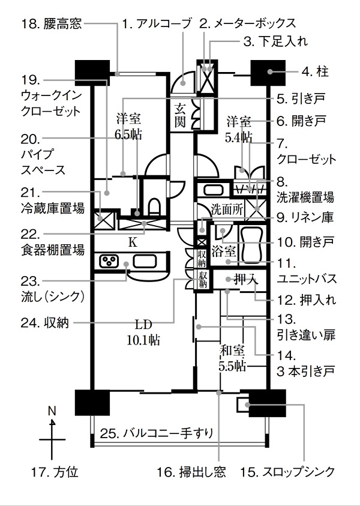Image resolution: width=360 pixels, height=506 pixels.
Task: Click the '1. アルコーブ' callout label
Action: pos(157,24)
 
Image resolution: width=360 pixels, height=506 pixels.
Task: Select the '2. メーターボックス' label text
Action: pos(247,24)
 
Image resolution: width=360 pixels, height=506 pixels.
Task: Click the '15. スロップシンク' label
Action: pos(287,472)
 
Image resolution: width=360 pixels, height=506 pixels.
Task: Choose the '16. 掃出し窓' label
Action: pos(191,472)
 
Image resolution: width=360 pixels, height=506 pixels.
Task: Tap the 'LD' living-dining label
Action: pos(143,325)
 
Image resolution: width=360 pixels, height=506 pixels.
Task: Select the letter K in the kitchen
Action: pos(134,242)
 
